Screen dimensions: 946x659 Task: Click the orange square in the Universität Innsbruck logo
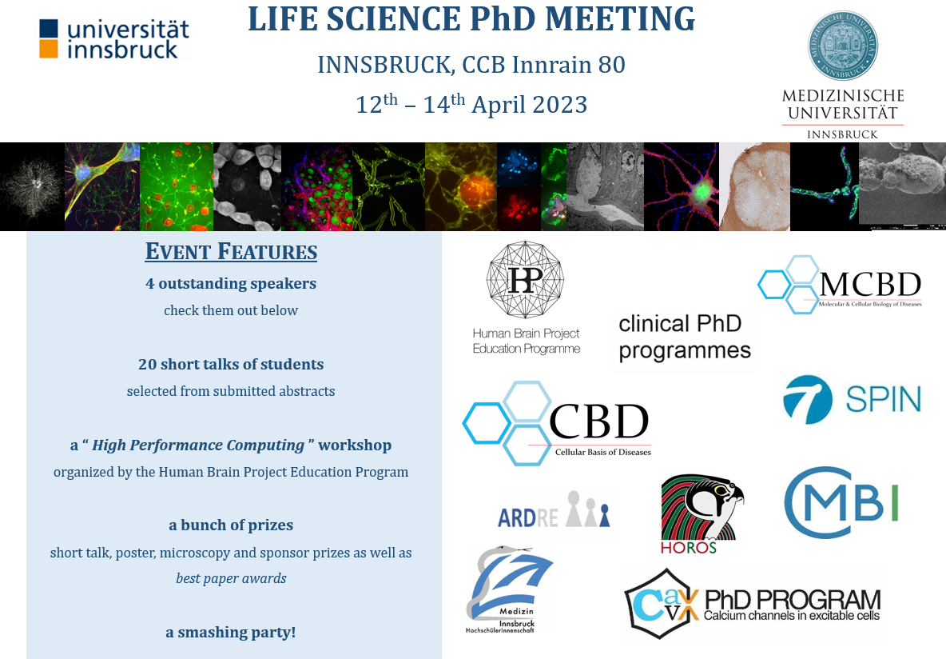[49, 49]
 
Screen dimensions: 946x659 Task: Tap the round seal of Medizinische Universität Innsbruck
[843, 46]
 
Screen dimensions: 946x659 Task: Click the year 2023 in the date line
[558, 105]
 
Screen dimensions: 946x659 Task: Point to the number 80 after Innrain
[612, 65]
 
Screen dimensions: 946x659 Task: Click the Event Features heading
[231, 251]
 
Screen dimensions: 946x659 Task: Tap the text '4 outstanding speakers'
[231, 284]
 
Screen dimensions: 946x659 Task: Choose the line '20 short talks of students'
[231, 364]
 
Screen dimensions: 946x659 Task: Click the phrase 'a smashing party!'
[231, 633]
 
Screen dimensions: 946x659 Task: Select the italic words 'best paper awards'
[231, 579]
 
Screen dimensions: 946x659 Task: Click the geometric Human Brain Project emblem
[526, 279]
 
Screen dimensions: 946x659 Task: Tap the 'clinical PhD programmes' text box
[685, 337]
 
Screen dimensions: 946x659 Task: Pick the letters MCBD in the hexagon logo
[871, 284]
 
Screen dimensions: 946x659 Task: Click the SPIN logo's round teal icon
[807, 399]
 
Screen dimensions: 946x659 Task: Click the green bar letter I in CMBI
[893, 502]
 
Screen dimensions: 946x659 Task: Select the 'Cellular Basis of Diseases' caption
[603, 452]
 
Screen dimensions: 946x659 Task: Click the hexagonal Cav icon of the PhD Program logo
[662, 604]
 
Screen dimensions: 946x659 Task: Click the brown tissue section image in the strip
[755, 186]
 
